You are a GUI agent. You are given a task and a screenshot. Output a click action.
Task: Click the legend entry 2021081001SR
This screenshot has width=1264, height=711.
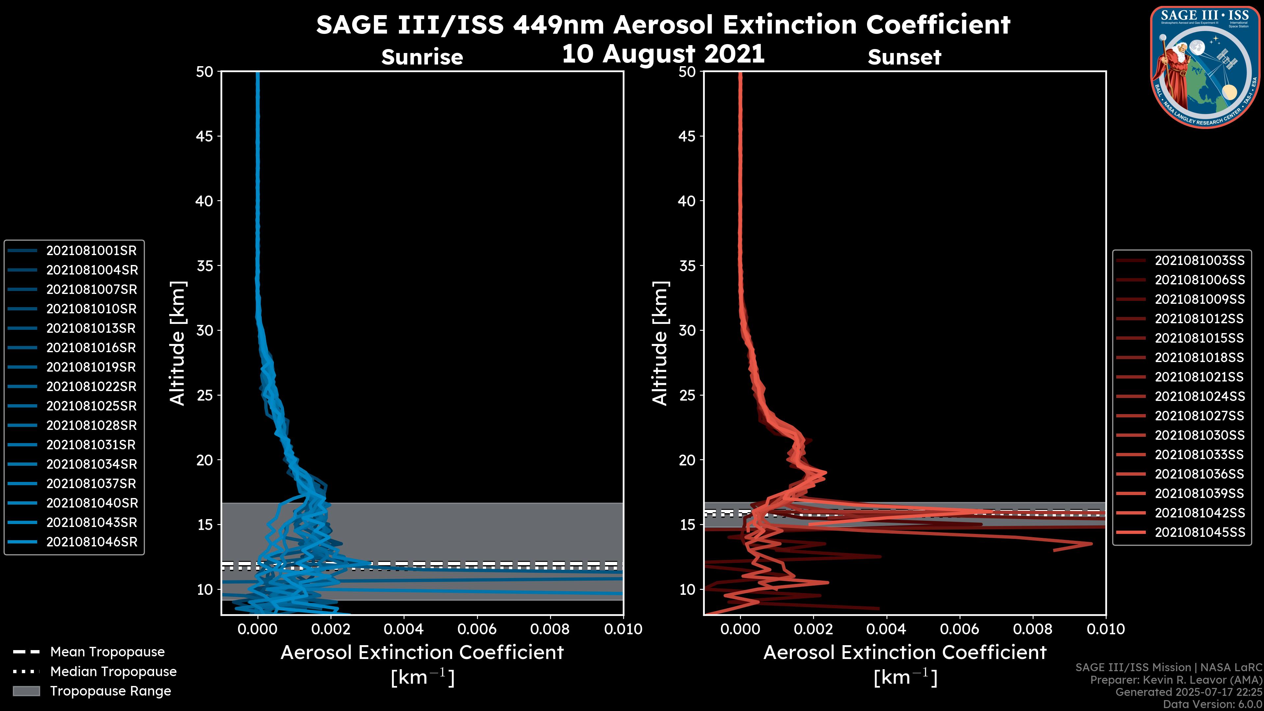[91, 251]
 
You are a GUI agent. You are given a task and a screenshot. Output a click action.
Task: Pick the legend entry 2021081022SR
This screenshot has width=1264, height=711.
[91, 387]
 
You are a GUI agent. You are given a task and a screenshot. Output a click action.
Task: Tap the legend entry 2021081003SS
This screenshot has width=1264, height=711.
[1199, 261]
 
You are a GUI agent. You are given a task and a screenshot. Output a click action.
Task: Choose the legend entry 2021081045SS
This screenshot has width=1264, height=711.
[1199, 532]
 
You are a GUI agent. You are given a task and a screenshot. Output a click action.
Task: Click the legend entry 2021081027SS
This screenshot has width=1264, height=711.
[1199, 416]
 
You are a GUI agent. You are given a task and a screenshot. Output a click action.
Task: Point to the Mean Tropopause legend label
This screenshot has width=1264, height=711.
[107, 652]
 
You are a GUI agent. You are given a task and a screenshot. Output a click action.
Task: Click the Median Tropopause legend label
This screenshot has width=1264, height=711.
[113, 672]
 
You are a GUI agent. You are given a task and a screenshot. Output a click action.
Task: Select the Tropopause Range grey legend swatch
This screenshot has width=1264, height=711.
[26, 691]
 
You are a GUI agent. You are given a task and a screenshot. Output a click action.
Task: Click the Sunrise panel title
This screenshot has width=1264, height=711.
[422, 57]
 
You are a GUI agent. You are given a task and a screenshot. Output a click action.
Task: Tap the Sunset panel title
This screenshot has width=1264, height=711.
[904, 57]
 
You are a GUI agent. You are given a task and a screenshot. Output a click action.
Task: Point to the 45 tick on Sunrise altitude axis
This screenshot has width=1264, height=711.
[205, 136]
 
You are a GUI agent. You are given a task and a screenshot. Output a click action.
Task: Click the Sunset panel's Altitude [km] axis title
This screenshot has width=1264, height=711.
[660, 343]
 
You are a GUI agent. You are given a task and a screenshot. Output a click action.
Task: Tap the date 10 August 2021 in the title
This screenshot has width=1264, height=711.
[663, 54]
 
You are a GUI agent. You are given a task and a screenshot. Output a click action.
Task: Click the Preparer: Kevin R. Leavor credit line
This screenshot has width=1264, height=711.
[1176, 680]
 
